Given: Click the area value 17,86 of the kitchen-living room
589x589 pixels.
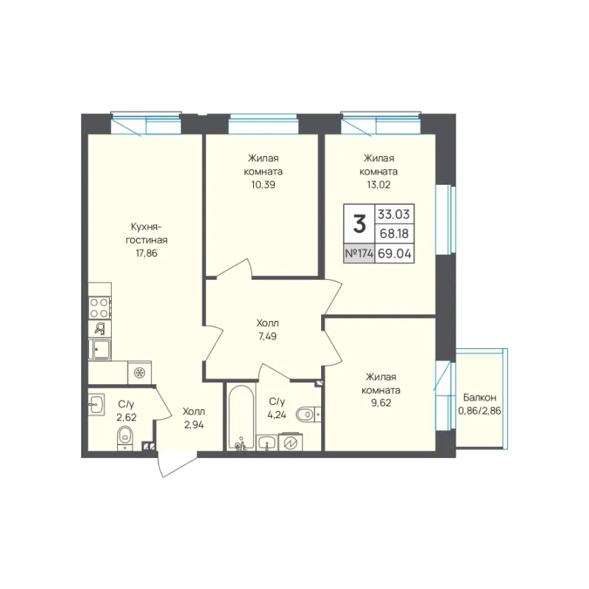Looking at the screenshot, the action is coord(147,253).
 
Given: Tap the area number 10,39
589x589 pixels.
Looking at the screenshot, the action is coord(264,185).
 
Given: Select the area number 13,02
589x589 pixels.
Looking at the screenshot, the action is coord(378,185).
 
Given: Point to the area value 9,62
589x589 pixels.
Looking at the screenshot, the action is coord(381,403).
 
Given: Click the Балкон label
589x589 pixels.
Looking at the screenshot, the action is coord(480,398).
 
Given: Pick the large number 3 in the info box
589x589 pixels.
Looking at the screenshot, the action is coord(359,225).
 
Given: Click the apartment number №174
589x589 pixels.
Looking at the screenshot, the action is coord(359,253).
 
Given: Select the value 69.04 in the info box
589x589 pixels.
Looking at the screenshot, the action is coord(395,253).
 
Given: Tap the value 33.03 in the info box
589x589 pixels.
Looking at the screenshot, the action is coord(394,214).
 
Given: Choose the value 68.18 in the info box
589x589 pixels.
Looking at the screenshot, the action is coord(394,233).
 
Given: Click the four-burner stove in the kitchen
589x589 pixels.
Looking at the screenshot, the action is coord(99,308).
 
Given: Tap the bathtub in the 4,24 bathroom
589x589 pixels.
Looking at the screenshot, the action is coord(241,416).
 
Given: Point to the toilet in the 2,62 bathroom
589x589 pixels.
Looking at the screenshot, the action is coord(125,438).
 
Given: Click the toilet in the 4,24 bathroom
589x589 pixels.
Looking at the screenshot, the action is coord(308,415).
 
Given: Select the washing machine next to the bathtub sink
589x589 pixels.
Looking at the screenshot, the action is coord(290,442).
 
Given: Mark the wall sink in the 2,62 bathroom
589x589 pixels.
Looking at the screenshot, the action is coord(96,404).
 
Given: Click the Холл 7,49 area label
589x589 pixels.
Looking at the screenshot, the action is coord(267,330).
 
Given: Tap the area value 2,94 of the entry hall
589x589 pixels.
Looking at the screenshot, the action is coord(194,425).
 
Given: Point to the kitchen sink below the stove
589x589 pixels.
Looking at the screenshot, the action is coord(99,349).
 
